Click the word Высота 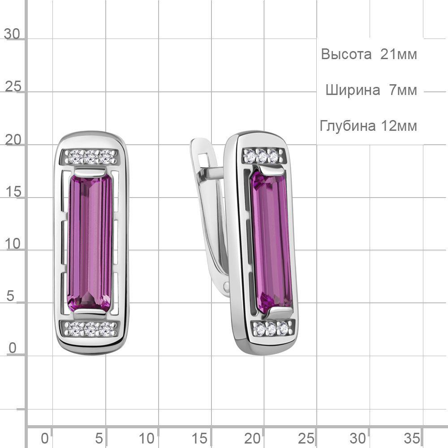pos(346,54)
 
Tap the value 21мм pos(398,54)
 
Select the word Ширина pos(353,90)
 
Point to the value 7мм pos(403,90)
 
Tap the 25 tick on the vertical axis pos(13,86)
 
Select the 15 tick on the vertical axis pos(13,191)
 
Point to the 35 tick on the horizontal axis pos(412,438)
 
